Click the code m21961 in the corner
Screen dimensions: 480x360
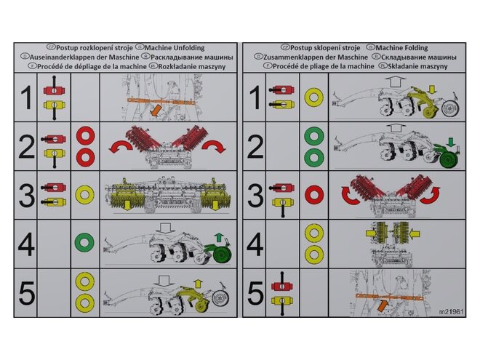coord(451,311)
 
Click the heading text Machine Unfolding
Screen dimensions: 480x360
coord(175,48)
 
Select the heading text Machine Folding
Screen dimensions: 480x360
coord(401,48)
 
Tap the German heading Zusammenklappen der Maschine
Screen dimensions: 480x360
coord(316,57)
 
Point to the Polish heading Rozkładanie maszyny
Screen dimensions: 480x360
coord(191,66)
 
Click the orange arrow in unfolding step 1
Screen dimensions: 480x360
coord(156,111)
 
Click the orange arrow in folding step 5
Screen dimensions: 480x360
coord(383,305)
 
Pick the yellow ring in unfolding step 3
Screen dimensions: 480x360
coord(84,195)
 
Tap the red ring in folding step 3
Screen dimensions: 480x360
coord(314,195)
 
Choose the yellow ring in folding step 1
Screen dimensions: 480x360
coord(314,97)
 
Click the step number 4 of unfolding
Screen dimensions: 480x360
coord(25,244)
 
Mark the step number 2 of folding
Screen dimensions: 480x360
coord(255,147)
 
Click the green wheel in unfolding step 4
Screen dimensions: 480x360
coord(223,255)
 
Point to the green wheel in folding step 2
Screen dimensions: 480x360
coord(449,160)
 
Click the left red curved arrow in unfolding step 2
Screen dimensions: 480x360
coord(120,145)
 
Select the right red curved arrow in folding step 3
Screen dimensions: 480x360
coord(431,196)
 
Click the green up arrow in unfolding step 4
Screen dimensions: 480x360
coord(219,238)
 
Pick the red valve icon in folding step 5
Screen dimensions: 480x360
coord(282,287)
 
